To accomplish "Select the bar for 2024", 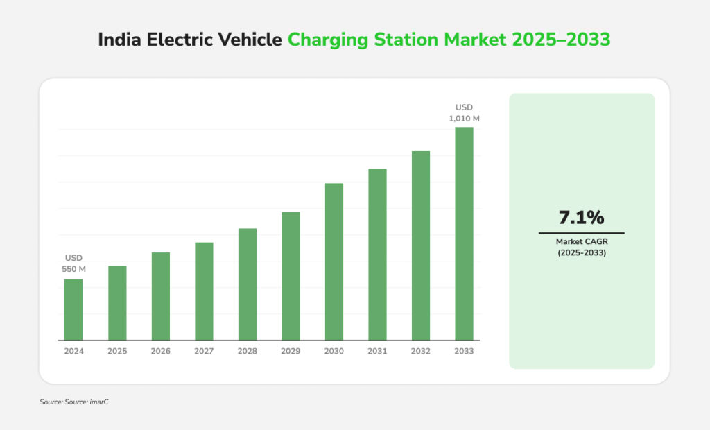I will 73,309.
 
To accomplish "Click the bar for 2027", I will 204,291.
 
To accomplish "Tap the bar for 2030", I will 334,261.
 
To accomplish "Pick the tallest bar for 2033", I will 464,234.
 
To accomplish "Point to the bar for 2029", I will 291,276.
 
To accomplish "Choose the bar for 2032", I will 421,246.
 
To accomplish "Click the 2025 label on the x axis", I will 117,352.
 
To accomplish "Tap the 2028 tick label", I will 248,352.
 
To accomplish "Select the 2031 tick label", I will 377,352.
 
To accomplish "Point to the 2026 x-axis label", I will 160,352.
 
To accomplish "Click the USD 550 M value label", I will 73,264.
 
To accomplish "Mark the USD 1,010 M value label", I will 464,113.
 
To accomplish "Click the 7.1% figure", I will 581,218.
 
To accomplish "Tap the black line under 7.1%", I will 581,233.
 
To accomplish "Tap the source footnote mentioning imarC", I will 74,402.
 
